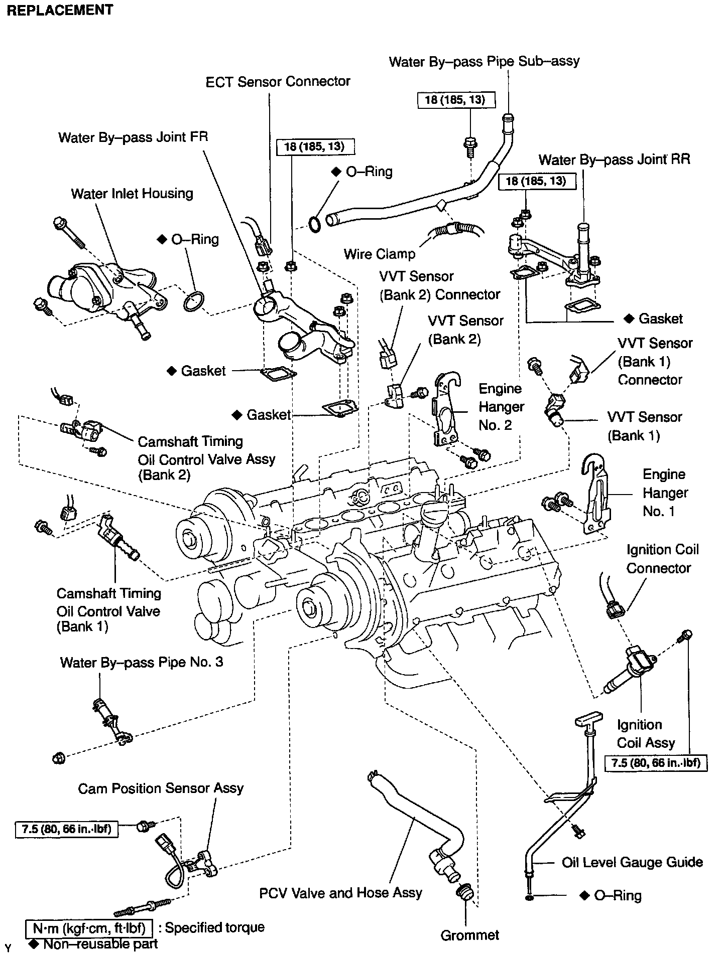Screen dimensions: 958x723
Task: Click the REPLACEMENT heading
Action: coord(60,11)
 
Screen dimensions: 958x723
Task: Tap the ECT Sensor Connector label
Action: coord(278,82)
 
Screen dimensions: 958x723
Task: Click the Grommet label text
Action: coord(470,935)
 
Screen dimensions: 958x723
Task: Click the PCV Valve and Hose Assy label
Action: coord(340,893)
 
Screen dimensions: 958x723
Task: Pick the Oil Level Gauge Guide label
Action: coord(632,862)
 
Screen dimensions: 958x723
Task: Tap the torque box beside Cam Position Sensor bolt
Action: coord(66,829)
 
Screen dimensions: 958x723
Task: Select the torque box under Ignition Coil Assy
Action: coord(656,763)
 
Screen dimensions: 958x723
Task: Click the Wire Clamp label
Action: coord(380,254)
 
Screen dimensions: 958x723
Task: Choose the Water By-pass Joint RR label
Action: coord(614,159)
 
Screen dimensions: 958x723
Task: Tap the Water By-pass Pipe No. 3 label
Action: coord(142,662)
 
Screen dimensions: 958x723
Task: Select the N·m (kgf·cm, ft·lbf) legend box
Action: coord(89,928)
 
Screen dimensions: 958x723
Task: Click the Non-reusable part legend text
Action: coord(100,944)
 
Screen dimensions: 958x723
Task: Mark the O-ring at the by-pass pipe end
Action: coord(314,225)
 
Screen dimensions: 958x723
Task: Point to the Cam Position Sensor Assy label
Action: coord(161,788)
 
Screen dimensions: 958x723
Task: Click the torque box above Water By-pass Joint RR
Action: coord(536,181)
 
